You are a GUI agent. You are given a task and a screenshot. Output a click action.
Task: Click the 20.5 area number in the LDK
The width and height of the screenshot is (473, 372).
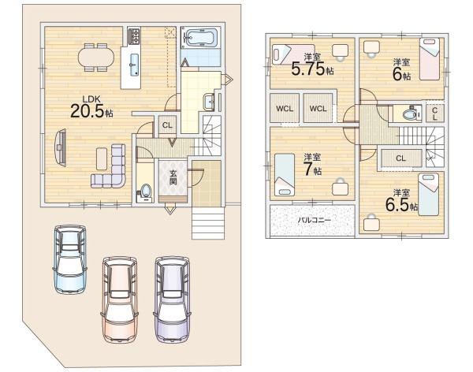(88, 110)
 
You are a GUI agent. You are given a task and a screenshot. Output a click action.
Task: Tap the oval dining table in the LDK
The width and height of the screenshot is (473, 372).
(96, 58)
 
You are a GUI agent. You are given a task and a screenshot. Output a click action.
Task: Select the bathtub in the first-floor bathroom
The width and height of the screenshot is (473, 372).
(200, 38)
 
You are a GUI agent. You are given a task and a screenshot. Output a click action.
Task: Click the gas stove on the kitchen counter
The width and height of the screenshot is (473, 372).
(134, 36)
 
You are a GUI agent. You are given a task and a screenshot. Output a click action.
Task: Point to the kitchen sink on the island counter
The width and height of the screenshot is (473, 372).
(134, 65)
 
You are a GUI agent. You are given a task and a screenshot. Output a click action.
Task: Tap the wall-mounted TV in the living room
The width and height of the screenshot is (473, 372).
(61, 147)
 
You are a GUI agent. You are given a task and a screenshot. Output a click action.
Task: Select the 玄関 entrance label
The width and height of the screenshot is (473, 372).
(173, 177)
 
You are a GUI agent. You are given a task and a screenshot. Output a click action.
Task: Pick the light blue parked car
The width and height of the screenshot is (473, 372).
(70, 259)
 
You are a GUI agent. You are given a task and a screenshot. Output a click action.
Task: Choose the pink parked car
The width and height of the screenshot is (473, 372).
(120, 299)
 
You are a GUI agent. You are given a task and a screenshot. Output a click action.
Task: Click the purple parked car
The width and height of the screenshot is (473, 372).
(172, 299)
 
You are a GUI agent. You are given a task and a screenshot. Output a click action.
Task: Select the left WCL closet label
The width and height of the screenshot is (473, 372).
(285, 109)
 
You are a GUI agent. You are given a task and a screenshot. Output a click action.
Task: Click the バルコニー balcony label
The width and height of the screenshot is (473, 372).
(315, 220)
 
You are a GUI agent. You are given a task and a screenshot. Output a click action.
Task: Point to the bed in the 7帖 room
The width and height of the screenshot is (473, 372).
(285, 175)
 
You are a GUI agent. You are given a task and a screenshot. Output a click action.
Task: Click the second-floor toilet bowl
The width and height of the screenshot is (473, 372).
(409, 114)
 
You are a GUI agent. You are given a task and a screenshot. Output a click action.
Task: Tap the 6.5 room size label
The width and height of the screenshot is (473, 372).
(397, 205)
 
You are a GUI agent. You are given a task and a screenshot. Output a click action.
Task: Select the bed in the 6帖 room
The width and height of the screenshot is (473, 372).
(430, 59)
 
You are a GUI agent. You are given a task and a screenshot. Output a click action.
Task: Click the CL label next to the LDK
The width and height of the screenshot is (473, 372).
(167, 125)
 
